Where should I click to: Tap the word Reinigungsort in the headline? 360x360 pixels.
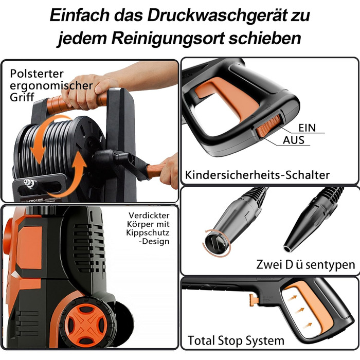pyautogui.click(x=167, y=38)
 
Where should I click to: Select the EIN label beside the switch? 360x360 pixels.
pyautogui.click(x=307, y=128)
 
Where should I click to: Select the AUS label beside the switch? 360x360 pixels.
pyautogui.click(x=294, y=140)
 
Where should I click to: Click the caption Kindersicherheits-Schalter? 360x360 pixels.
pyautogui.click(x=257, y=175)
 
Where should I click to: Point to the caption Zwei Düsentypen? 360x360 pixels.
pyautogui.click(x=305, y=264)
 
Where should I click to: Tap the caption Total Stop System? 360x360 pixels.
pyautogui.click(x=236, y=340)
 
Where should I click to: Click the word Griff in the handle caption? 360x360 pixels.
pyautogui.click(x=22, y=97)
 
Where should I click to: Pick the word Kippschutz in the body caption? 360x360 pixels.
pyautogui.click(x=148, y=232)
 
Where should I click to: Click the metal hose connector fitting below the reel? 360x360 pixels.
pyautogui.click(x=29, y=184)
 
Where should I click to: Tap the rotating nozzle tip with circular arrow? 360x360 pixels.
pyautogui.click(x=216, y=243)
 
